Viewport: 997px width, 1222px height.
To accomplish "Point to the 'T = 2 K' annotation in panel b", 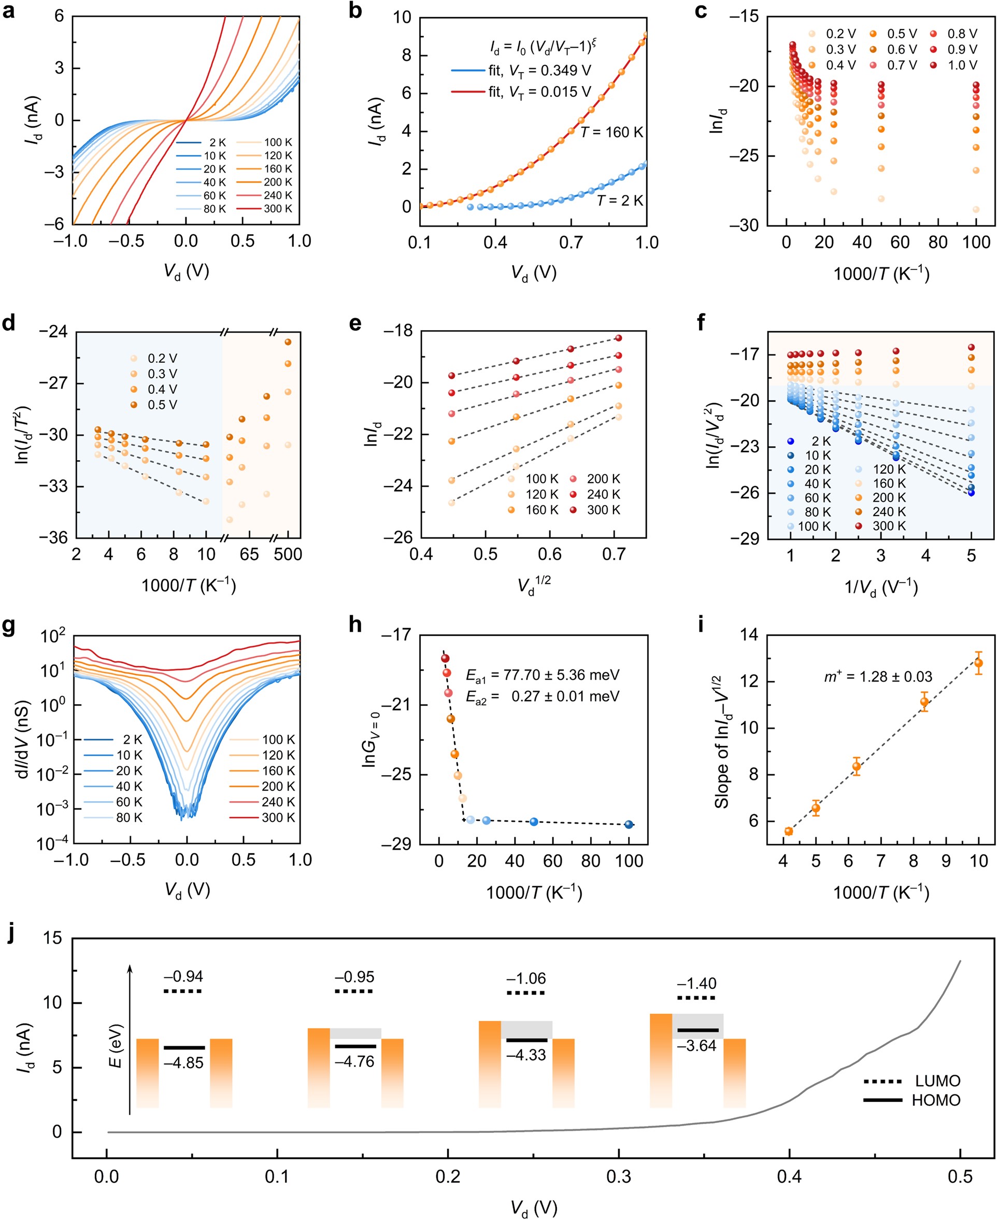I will (x=620, y=201).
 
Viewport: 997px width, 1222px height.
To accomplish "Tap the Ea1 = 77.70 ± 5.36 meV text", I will (x=542, y=675).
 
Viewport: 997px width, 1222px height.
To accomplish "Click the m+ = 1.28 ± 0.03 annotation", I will (x=878, y=676).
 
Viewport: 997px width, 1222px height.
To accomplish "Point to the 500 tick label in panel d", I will (x=288, y=554).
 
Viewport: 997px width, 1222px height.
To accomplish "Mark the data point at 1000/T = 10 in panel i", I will (x=979, y=663).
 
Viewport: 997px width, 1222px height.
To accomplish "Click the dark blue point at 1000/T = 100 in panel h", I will (x=629, y=825).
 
